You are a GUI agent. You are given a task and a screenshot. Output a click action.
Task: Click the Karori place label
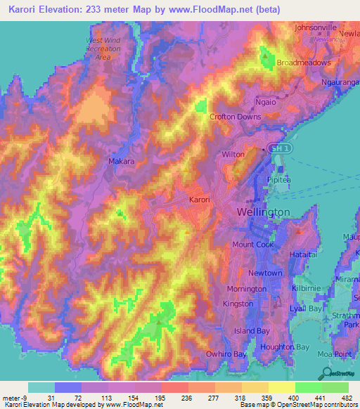tap(200, 200)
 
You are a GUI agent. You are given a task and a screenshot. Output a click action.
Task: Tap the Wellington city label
tap(264, 212)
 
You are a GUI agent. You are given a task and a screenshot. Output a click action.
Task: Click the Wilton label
tap(233, 154)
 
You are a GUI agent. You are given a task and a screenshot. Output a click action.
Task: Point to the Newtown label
tap(268, 273)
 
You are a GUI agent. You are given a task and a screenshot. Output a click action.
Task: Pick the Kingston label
tap(237, 304)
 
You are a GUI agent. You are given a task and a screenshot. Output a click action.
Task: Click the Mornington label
tap(246, 289)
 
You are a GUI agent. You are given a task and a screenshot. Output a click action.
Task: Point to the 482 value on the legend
tap(348, 397)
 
